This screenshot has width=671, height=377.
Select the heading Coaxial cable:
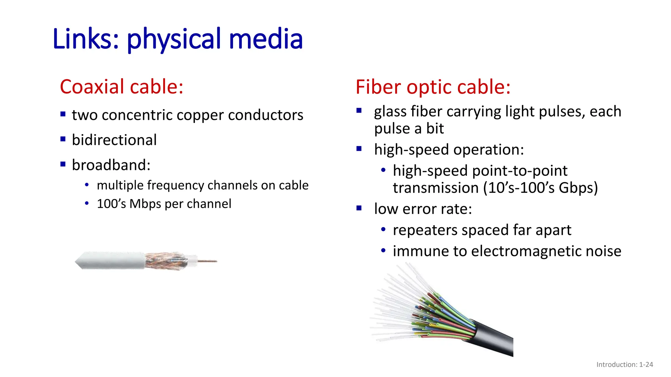pos(122,87)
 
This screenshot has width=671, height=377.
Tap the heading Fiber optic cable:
pos(433,87)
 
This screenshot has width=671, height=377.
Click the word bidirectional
pos(114,140)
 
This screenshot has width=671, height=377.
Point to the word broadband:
pos(111,165)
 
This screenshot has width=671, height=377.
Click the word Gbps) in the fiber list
pos(578,188)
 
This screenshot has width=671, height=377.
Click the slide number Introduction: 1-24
pos(624,365)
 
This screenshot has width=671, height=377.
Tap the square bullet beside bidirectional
pos(63,139)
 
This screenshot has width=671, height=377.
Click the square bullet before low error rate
pos(359,208)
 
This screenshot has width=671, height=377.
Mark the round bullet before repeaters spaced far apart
pos(383,229)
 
